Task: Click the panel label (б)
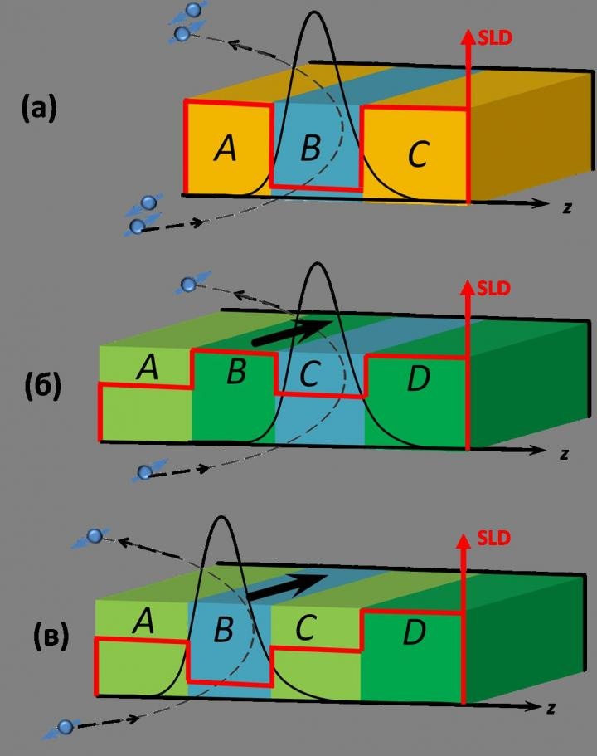(x=43, y=385)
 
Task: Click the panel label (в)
(x=51, y=636)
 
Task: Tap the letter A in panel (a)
(x=226, y=148)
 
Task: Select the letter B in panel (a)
(x=310, y=147)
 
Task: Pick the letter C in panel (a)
(x=418, y=154)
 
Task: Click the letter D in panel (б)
(x=418, y=378)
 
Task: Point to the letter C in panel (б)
(x=308, y=373)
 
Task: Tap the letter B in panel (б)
(x=236, y=371)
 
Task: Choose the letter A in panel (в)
(x=143, y=621)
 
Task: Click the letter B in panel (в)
(x=224, y=629)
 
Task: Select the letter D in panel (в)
(x=415, y=632)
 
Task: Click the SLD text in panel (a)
(x=495, y=37)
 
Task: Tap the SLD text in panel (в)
(x=493, y=538)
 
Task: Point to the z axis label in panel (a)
(x=567, y=207)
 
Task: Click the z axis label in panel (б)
(x=564, y=454)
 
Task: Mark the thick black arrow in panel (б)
(x=293, y=332)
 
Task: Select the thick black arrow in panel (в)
(x=287, y=587)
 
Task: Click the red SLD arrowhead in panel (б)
(x=467, y=288)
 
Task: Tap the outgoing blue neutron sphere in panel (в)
(x=95, y=535)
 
